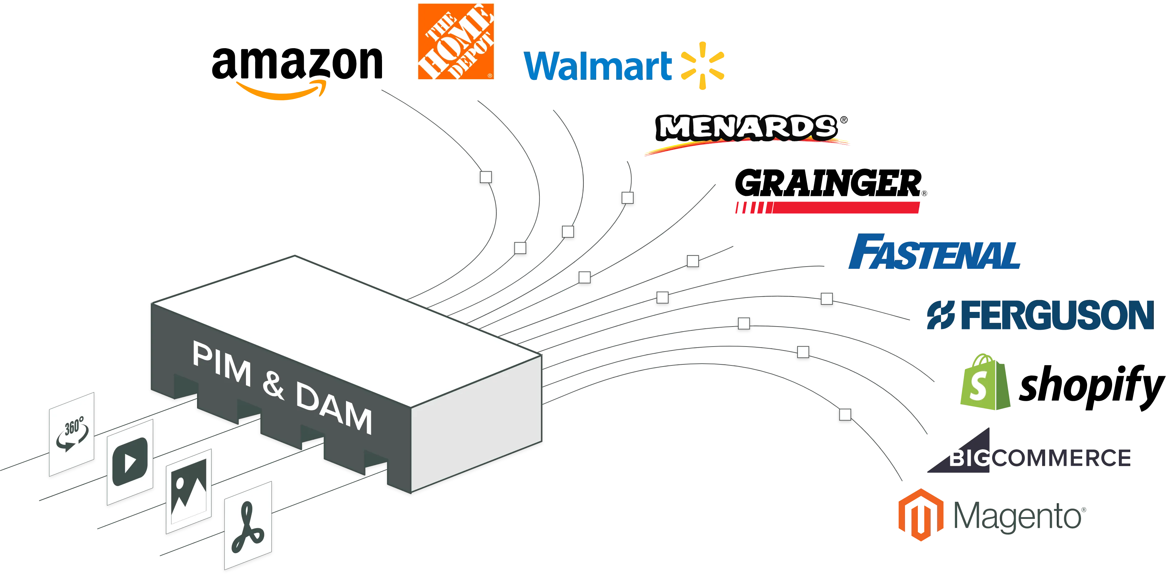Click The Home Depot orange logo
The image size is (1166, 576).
[x=456, y=42]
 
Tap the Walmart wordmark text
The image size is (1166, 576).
[x=598, y=66]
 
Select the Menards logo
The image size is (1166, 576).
[x=747, y=132]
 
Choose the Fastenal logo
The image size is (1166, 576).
[x=934, y=252]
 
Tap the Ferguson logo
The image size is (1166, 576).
[x=1039, y=315]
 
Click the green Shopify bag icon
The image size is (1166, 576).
[x=985, y=382]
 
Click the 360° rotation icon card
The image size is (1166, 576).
[x=71, y=434]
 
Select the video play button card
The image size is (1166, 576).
[x=130, y=462]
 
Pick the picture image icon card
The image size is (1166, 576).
[x=189, y=491]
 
